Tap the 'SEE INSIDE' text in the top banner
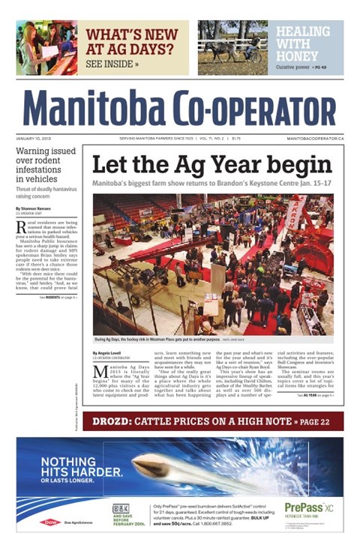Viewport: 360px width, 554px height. tap(112, 64)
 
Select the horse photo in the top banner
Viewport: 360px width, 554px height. tap(232, 46)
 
